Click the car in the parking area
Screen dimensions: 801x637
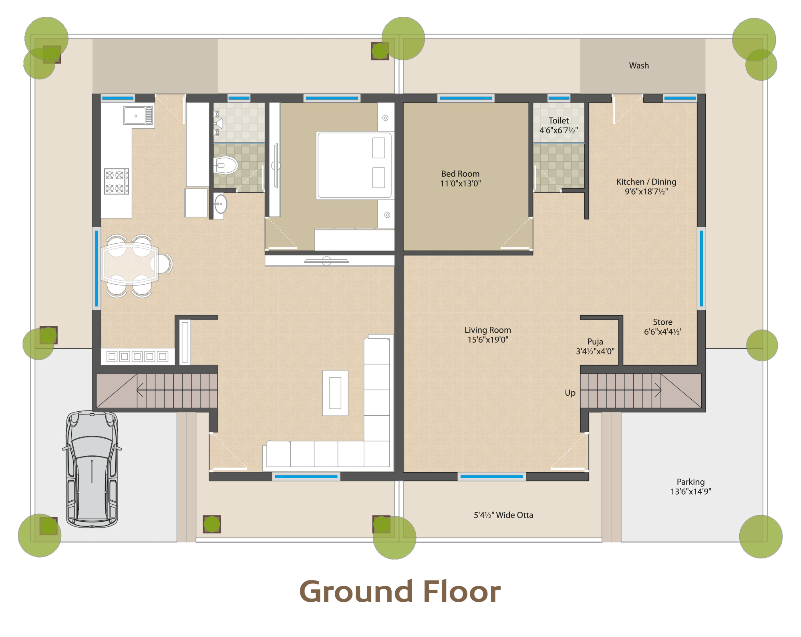[92, 469]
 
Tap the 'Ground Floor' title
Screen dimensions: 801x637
[400, 592]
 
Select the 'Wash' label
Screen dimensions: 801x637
[639, 65]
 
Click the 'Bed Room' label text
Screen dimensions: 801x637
[460, 174]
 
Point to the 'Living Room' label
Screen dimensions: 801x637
[488, 330]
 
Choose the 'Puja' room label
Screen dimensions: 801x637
[595, 342]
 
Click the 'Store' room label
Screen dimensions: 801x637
[662, 322]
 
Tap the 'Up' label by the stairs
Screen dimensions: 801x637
[570, 393]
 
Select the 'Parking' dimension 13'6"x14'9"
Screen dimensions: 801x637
[691, 491]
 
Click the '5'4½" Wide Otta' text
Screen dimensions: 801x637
[503, 515]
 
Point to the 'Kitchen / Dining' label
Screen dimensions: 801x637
[646, 182]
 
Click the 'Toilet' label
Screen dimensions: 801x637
[559, 120]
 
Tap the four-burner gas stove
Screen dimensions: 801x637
[117, 181]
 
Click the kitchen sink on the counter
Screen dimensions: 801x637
[138, 115]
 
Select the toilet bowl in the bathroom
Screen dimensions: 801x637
[225, 165]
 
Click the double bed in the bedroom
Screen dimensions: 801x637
[354, 165]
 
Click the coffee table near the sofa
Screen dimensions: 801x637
[335, 393]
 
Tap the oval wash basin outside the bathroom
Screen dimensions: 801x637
[220, 204]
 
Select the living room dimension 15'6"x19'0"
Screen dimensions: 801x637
[488, 340]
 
